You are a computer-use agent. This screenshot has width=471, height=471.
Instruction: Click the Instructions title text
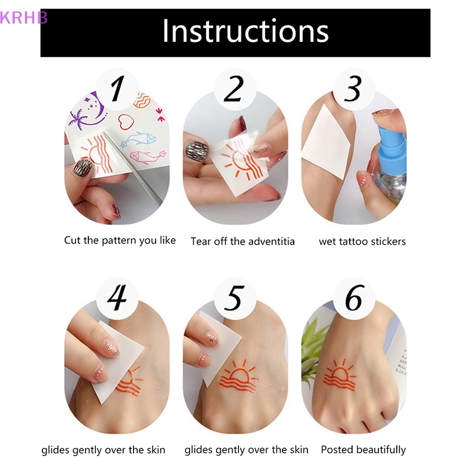[x=245, y=31]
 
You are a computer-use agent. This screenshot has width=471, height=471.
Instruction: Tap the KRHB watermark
[x=24, y=17]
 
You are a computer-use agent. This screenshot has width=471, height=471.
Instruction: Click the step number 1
[x=117, y=90]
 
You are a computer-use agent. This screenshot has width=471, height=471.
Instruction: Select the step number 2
[x=234, y=90]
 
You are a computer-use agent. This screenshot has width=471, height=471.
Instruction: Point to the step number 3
[x=353, y=90]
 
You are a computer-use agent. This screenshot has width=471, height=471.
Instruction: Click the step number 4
[x=117, y=298]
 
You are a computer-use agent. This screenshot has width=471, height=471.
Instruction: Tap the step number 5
[x=234, y=298]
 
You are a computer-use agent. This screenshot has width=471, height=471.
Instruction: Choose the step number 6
[x=353, y=298]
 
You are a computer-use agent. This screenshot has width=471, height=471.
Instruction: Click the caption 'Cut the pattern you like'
[x=120, y=240]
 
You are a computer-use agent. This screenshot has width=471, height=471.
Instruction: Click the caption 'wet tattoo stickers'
[x=362, y=241]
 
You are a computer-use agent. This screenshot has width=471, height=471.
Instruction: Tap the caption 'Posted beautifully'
[x=363, y=450]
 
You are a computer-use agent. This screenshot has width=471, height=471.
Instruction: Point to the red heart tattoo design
[x=125, y=122]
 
